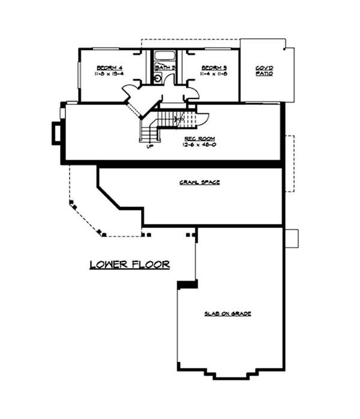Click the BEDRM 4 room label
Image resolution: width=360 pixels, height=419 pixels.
point(109,68)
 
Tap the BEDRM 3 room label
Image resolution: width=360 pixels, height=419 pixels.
point(214,68)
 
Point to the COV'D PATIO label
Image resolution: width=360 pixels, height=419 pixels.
point(264,70)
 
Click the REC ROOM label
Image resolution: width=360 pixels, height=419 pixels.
point(197,138)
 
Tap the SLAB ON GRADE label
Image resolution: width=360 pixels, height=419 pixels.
point(227,314)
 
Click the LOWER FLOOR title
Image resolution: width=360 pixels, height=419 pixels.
point(130,264)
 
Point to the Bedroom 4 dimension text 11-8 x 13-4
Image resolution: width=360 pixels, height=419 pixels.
point(109,74)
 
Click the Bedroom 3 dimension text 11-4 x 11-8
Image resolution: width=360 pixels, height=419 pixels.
point(214,74)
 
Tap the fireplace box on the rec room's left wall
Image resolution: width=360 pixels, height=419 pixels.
point(56,132)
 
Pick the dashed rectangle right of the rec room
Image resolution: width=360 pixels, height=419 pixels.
point(290,163)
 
